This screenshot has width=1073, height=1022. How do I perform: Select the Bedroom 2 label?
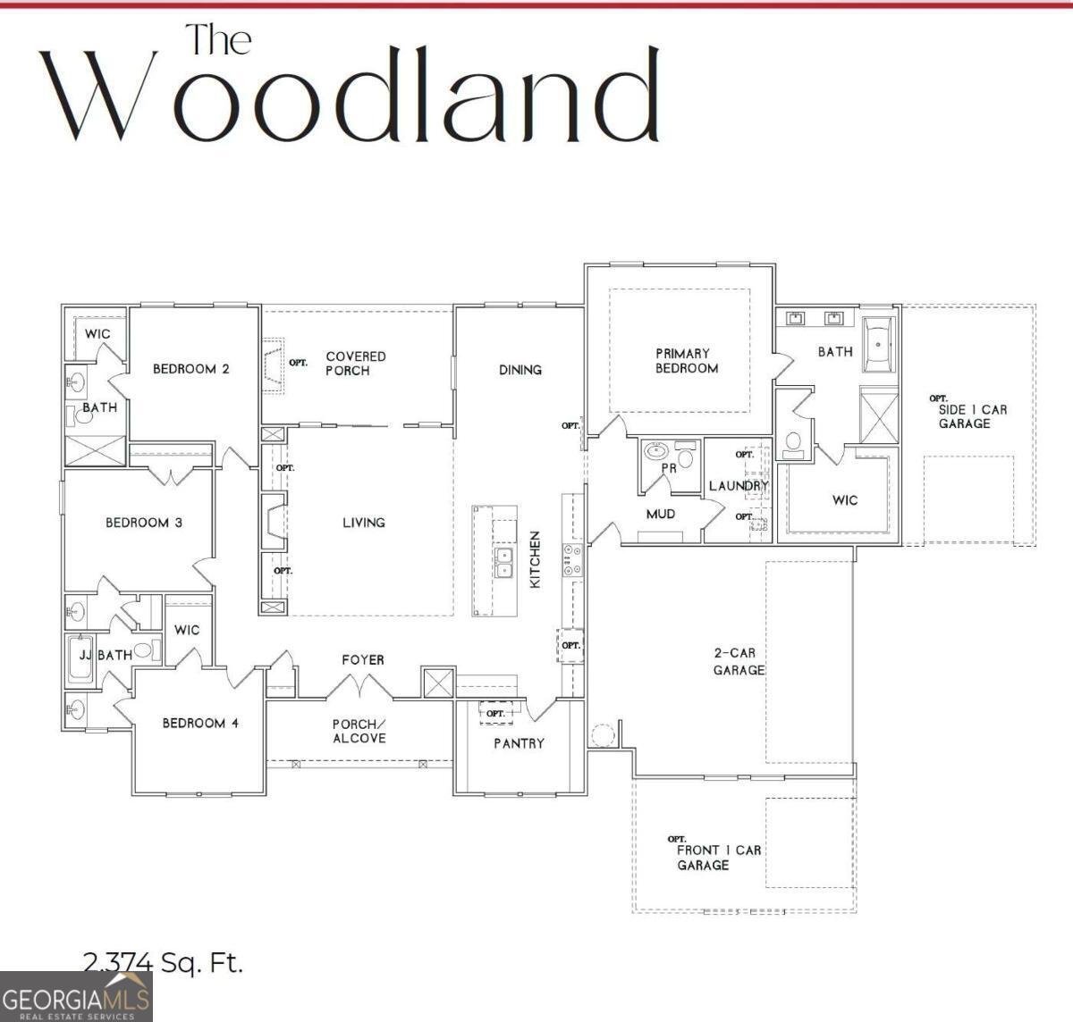(190, 368)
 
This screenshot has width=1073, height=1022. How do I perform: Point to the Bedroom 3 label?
(144, 523)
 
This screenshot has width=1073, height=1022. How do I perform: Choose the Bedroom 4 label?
(200, 723)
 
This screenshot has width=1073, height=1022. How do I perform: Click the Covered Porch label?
(355, 364)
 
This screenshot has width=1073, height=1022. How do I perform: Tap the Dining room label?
(520, 369)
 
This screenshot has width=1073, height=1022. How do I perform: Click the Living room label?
(363, 523)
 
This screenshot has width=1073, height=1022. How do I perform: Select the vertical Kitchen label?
(536, 559)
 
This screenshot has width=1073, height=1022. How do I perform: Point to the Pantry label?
(519, 743)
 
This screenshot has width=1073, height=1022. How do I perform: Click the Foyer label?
(363, 660)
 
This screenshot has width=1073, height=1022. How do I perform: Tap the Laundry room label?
(739, 486)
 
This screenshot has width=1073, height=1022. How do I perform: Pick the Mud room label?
(660, 515)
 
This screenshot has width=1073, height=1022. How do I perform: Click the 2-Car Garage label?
(739, 662)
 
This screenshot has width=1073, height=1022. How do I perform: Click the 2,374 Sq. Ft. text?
(163, 962)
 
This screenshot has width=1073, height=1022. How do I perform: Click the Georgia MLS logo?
(76, 996)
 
